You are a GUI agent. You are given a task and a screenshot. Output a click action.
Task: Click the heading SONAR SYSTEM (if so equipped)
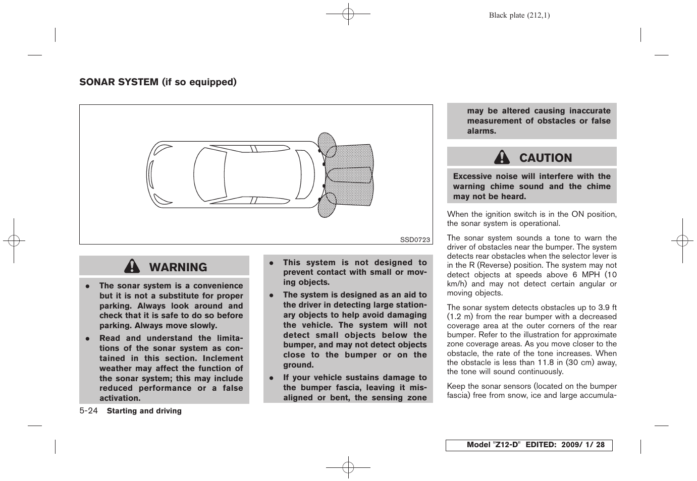[x=157, y=82]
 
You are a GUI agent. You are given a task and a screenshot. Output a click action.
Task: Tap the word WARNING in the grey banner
[x=178, y=267]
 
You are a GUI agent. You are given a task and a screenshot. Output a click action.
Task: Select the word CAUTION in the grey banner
[x=546, y=158]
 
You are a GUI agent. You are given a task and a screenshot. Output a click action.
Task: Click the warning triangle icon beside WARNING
[x=132, y=266]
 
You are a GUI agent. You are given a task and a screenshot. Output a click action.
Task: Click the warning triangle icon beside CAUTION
[x=502, y=157]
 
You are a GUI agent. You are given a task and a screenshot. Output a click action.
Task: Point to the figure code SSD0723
[x=415, y=239]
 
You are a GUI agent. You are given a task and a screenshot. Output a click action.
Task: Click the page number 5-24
[x=88, y=411]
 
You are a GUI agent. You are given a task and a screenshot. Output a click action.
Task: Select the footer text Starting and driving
[x=144, y=411]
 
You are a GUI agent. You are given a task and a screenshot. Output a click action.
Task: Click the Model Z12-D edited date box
[x=528, y=445]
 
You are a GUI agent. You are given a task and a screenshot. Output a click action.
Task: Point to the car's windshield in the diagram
[x=209, y=174]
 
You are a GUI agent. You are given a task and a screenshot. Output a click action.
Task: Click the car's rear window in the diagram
[x=305, y=174]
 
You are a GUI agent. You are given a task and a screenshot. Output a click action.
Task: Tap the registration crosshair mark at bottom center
[x=348, y=467]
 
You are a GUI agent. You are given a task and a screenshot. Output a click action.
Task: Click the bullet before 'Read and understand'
[x=87, y=339]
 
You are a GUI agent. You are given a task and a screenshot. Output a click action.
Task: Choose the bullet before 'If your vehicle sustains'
[x=271, y=378]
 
